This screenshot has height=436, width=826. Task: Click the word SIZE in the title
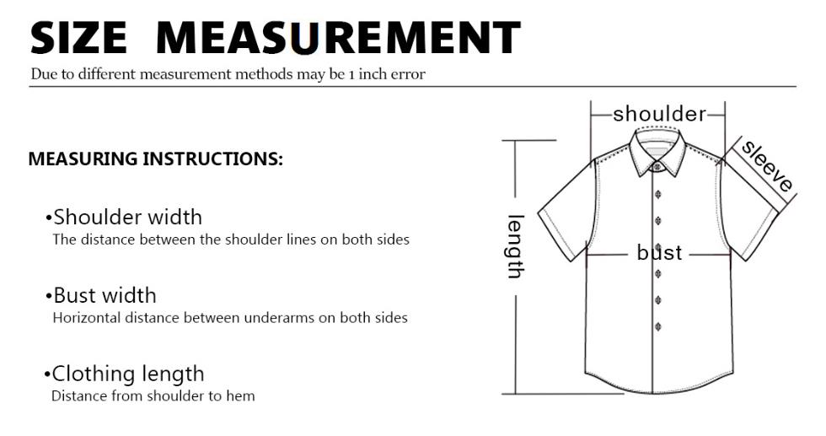[x=79, y=37]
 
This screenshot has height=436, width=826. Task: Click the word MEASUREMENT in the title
[x=339, y=37]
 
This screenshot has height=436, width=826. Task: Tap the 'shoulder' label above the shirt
[x=659, y=114]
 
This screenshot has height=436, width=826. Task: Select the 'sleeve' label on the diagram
[x=766, y=165]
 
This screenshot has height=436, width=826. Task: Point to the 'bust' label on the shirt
[x=659, y=252]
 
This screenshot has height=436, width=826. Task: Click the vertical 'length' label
[x=516, y=246]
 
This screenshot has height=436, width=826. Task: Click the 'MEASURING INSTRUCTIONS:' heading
[x=155, y=159]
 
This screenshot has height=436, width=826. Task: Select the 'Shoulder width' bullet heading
[x=124, y=218]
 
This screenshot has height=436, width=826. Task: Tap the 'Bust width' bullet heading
[x=101, y=295]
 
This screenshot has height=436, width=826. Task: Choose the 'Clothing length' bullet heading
[x=125, y=374]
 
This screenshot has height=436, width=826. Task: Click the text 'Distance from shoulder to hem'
[x=153, y=396]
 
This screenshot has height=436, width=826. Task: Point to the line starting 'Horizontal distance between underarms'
[x=230, y=318]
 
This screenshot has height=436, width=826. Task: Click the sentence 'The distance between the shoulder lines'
[x=231, y=240]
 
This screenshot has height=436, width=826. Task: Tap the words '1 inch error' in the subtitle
[x=387, y=74]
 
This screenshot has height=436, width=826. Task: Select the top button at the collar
[x=657, y=167]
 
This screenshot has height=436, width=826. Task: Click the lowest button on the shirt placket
[x=658, y=327]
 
